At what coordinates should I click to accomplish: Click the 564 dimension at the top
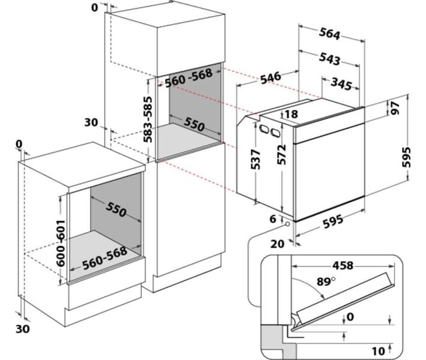(330, 35)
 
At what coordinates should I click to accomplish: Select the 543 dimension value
(330, 59)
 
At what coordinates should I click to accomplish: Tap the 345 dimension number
(341, 84)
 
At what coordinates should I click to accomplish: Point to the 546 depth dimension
(271, 77)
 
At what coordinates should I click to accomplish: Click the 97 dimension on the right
(395, 109)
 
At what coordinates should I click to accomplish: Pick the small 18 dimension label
(292, 115)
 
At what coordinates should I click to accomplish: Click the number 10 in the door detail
(378, 350)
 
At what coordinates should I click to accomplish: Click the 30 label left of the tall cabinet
(91, 122)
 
